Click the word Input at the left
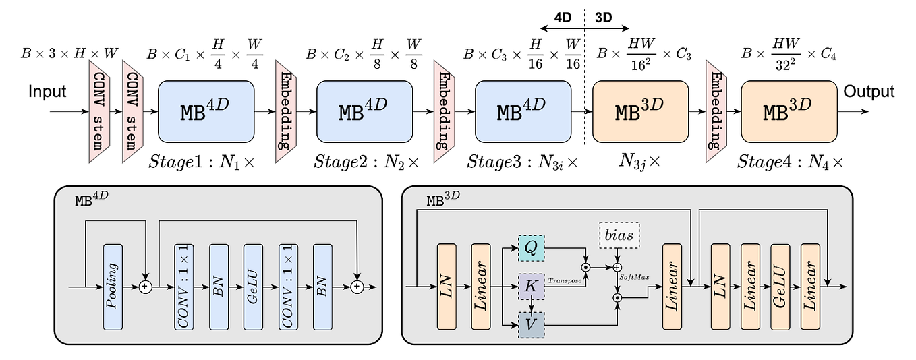[x=47, y=92]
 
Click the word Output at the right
[x=869, y=91]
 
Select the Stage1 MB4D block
[x=206, y=111]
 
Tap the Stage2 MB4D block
[x=364, y=111]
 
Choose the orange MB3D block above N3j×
[x=640, y=111]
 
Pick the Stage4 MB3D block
[x=789, y=111]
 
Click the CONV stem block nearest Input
[x=99, y=111]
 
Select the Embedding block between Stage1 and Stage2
[x=286, y=111]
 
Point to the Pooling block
[x=113, y=287]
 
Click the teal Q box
[x=532, y=248]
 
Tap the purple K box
[x=532, y=287]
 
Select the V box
[x=532, y=325]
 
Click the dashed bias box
[x=619, y=235]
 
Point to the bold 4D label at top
[x=563, y=18]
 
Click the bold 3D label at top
[x=603, y=18]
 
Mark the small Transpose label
[x=565, y=280]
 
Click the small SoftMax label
[x=634, y=278]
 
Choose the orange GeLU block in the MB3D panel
[x=780, y=287]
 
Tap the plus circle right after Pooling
[x=145, y=287]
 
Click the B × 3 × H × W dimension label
[x=69, y=53]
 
